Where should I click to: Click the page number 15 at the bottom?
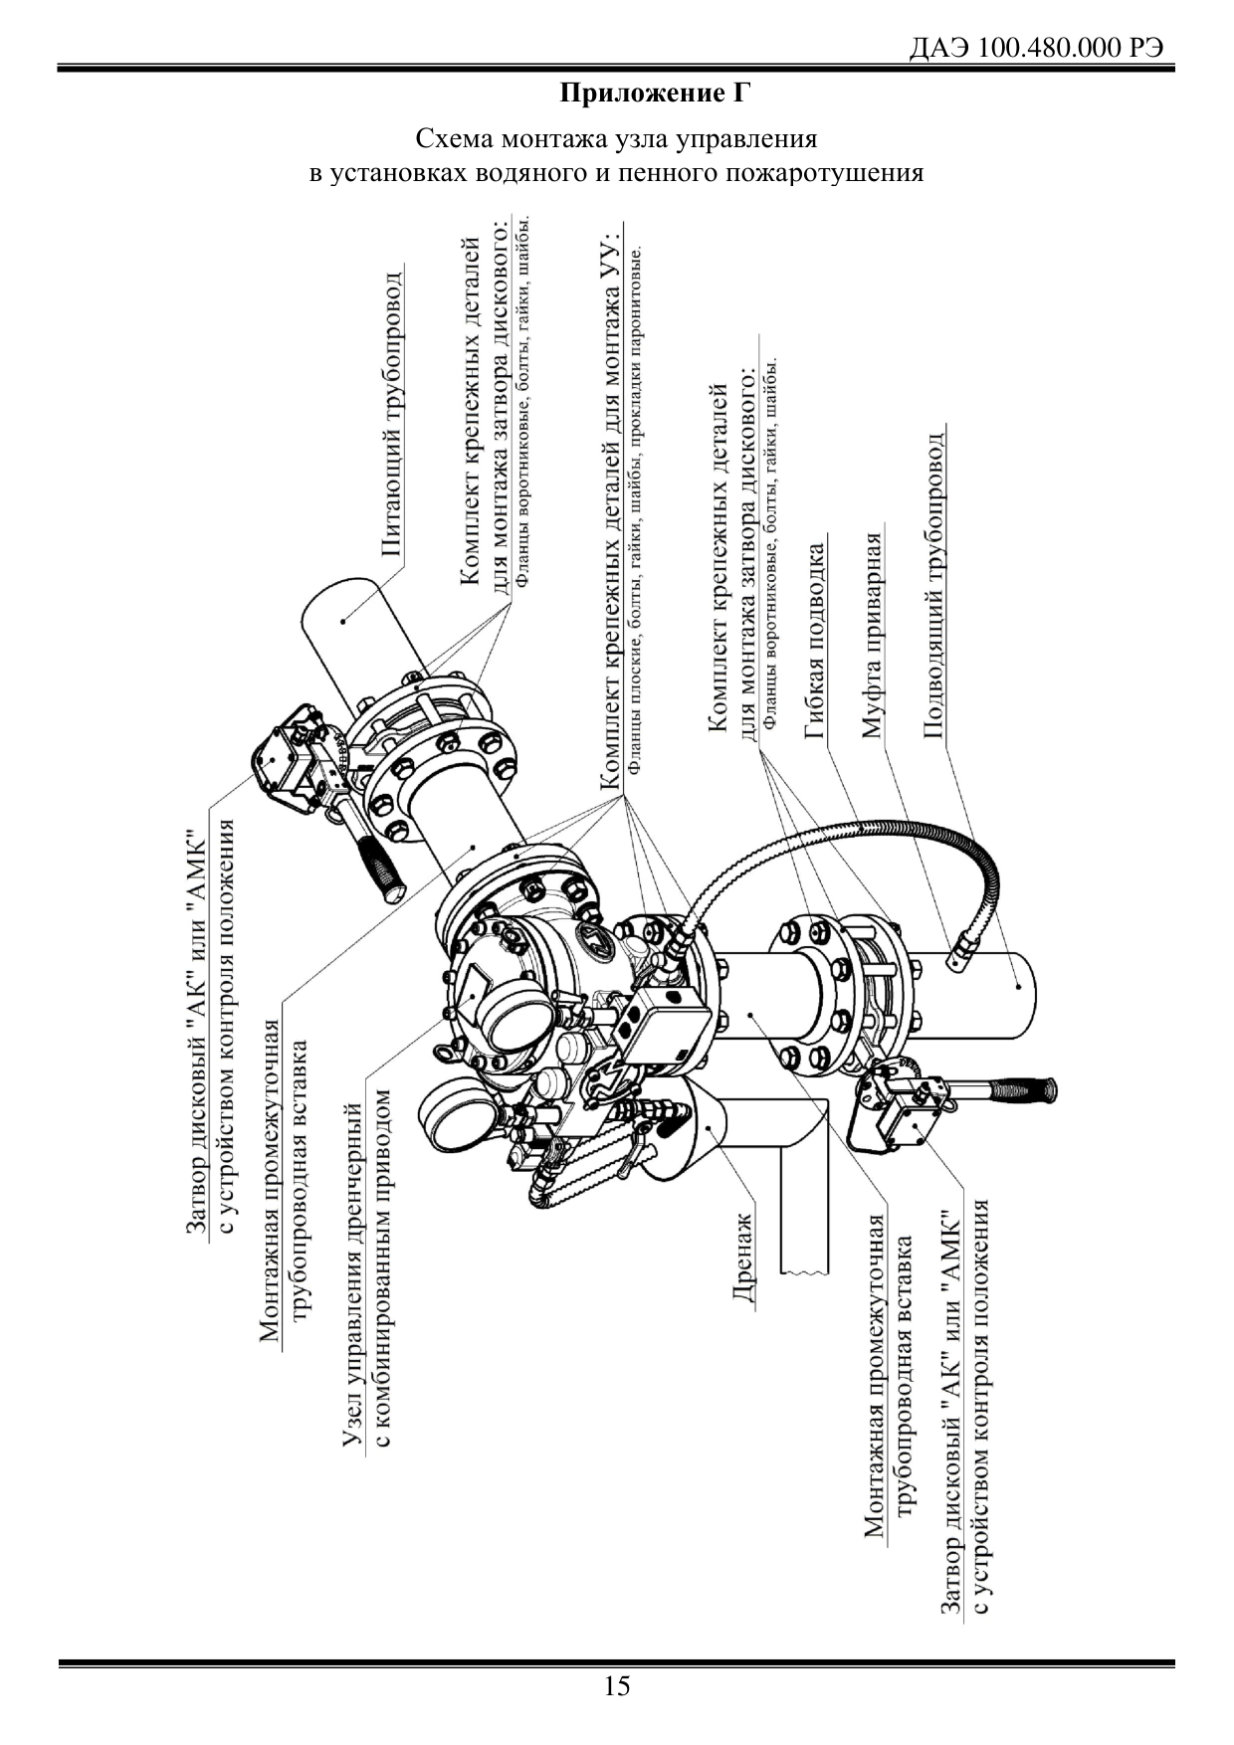[x=617, y=1685]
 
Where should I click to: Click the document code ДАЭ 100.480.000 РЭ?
[x=1037, y=49]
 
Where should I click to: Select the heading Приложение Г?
[x=654, y=95]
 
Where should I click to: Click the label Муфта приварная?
[x=873, y=637]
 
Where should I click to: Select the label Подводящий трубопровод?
[x=934, y=583]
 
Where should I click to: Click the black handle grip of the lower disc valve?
[x=1024, y=1091]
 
